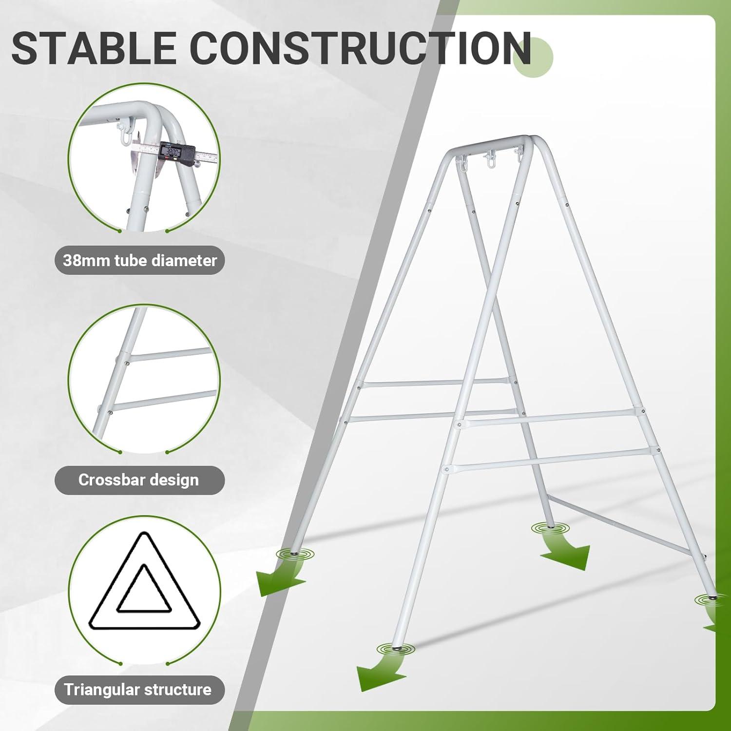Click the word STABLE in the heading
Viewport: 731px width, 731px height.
(93, 48)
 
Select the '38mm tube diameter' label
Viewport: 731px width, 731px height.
(140, 260)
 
